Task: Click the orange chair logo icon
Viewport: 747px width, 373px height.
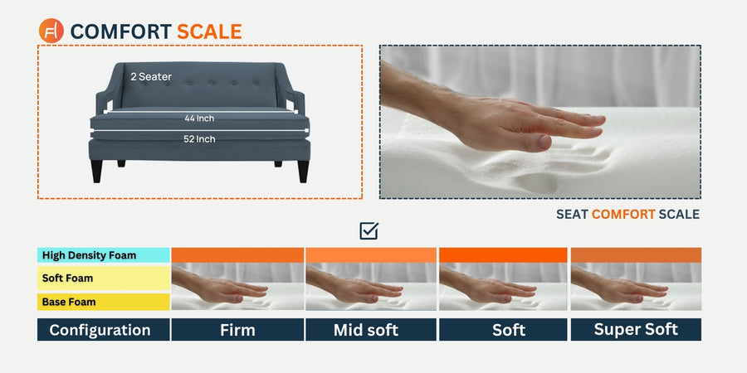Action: tap(51, 31)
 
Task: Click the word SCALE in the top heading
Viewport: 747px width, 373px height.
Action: tap(209, 31)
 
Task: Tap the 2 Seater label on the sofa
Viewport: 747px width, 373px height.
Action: tap(151, 76)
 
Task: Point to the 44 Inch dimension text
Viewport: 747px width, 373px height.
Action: tap(199, 118)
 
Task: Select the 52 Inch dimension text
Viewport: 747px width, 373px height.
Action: tap(199, 139)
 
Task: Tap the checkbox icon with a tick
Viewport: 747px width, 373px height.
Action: tap(369, 230)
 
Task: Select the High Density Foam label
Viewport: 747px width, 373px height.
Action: tap(89, 255)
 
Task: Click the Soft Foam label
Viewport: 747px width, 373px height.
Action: tap(68, 278)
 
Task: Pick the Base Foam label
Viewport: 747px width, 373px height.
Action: tap(69, 302)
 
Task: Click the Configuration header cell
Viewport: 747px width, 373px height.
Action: tap(104, 330)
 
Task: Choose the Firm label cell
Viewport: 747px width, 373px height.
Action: tap(237, 330)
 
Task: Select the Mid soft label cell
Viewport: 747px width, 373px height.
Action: tap(371, 330)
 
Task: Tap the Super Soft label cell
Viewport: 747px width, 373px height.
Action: tap(636, 330)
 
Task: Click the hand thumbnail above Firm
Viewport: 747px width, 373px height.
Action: tap(237, 287)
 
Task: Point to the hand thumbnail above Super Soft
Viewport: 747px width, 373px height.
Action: tap(636, 287)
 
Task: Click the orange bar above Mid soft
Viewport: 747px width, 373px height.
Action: tap(371, 255)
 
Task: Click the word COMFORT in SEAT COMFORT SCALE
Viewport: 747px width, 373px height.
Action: tap(623, 215)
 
